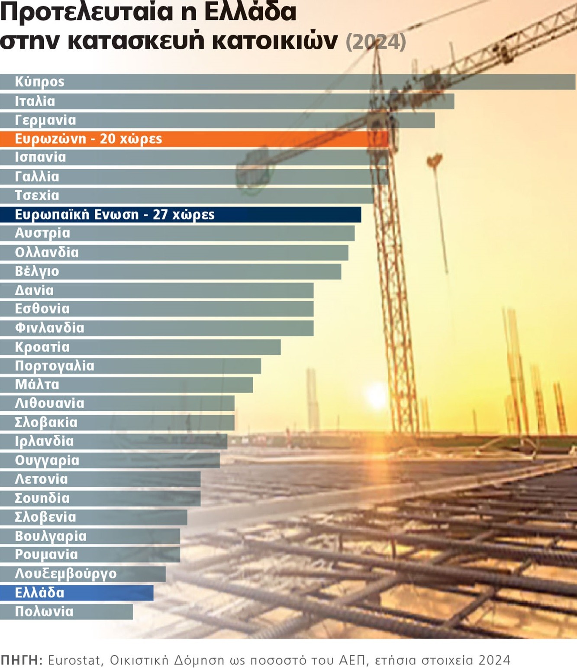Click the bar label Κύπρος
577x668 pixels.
coord(39,82)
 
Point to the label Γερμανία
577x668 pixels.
coord(45,120)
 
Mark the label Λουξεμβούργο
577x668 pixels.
coord(66,574)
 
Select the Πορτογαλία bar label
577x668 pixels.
coord(55,366)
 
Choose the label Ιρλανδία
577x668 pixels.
coord(44,442)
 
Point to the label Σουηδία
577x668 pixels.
coord(42,498)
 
